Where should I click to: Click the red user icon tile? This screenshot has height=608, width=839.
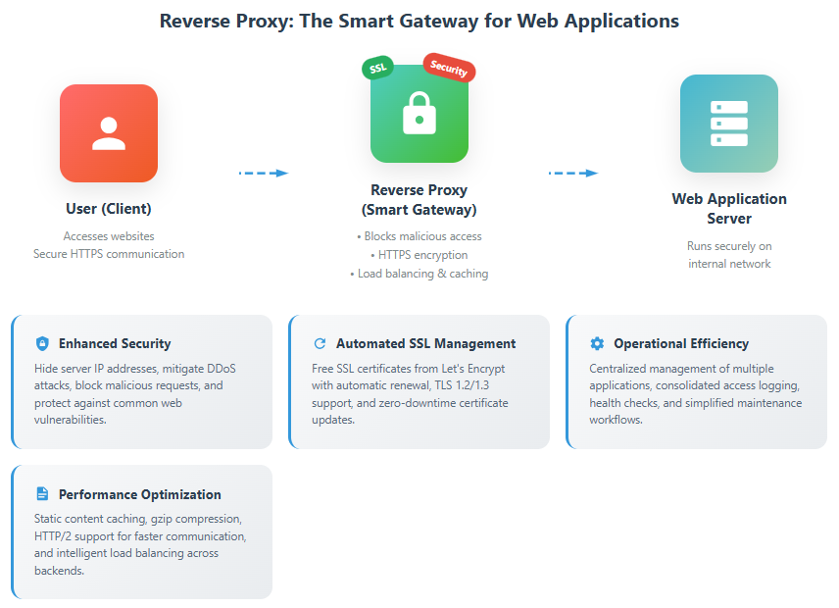(x=109, y=133)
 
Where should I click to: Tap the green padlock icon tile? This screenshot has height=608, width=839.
(x=419, y=114)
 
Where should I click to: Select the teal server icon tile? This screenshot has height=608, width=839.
(x=728, y=124)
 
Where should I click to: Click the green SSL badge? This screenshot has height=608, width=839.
(x=377, y=68)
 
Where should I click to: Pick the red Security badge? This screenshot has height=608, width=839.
(x=449, y=68)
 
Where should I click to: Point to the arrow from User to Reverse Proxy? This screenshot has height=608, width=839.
(x=264, y=173)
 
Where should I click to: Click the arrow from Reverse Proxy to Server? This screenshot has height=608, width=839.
(x=573, y=173)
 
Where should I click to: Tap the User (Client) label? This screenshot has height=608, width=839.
(x=108, y=209)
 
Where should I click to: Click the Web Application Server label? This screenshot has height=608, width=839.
(x=728, y=208)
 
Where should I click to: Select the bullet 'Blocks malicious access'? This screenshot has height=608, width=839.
(x=419, y=236)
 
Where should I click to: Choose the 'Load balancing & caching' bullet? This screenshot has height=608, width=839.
(x=419, y=274)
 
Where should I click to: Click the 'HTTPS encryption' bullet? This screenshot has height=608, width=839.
(x=419, y=255)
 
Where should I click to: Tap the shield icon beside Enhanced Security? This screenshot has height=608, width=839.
(x=41, y=343)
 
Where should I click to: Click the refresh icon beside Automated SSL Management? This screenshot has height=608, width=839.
(x=319, y=343)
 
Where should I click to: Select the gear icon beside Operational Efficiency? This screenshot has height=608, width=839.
(x=597, y=343)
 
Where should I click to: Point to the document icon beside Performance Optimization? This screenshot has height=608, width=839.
(x=41, y=494)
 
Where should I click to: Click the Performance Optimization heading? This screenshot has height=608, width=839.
(x=139, y=494)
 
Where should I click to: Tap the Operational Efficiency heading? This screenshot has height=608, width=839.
(x=681, y=343)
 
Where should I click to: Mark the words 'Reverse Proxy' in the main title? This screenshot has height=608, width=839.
(x=214, y=21)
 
